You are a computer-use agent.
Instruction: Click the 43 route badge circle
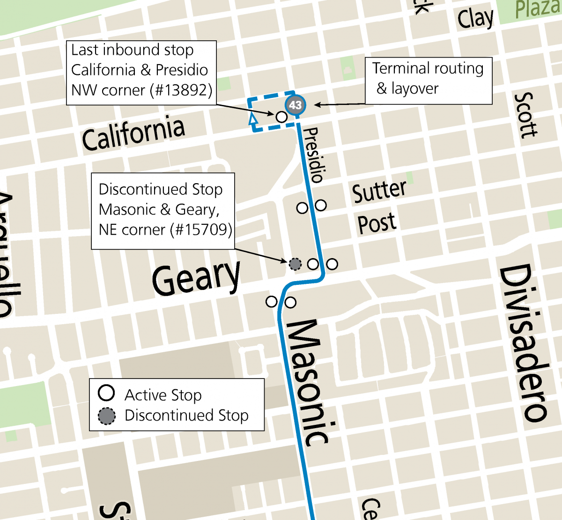coord(295,105)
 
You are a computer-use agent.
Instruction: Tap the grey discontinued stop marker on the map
coord(295,264)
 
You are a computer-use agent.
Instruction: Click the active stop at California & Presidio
coord(281,117)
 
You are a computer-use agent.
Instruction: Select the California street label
coord(133,134)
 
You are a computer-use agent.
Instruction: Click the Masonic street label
coord(307,382)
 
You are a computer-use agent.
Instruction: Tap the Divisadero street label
coord(523,342)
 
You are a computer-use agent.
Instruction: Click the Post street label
coord(377,223)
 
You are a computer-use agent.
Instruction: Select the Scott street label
coord(525,115)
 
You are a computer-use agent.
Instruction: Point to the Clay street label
coord(475,19)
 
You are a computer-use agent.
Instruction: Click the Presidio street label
coord(313,155)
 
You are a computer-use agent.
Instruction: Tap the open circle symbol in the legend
coord(106,393)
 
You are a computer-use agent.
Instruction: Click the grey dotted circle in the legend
coord(106,416)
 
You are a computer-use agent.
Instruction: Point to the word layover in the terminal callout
coord(415,89)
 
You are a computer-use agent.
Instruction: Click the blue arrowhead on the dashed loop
coord(253,119)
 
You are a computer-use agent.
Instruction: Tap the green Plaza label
coord(538,9)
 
